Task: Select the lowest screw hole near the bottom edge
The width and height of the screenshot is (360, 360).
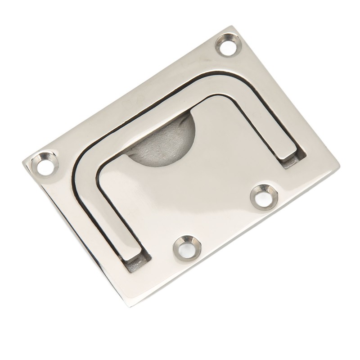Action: tap(185, 248)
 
